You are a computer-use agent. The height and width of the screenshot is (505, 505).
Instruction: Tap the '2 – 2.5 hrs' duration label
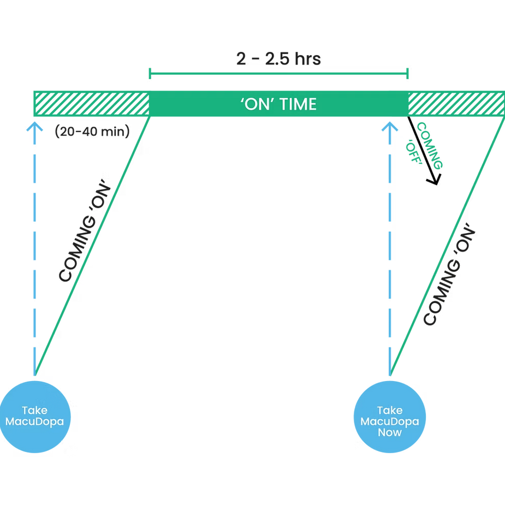[279, 59]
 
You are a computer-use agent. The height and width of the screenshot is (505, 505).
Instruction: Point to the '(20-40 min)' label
[92, 132]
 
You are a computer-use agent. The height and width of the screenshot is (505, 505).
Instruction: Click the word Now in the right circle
[389, 432]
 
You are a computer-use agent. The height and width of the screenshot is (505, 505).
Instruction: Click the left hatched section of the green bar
[90, 104]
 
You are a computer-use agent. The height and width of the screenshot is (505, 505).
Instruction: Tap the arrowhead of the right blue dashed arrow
[390, 127]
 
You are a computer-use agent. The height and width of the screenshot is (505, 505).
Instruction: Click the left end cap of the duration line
[148, 73]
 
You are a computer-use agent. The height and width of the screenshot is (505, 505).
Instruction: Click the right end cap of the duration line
[408, 73]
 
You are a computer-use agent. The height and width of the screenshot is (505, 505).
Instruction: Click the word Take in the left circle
[34, 410]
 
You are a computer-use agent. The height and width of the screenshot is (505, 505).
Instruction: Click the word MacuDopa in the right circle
[389, 421]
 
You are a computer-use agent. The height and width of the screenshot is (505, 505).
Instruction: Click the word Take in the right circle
[389, 410]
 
